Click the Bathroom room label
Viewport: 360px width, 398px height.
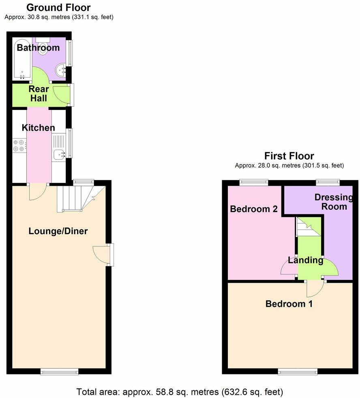pyautogui.click(x=38, y=48)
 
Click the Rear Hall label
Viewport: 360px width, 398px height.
pyautogui.click(x=39, y=94)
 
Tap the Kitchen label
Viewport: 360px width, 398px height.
pyautogui.click(x=38, y=128)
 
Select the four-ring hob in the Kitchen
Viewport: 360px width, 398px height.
pyautogui.click(x=19, y=146)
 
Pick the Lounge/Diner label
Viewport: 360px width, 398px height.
pyautogui.click(x=58, y=231)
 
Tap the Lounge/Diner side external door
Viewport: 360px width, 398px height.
pyautogui.click(x=111, y=254)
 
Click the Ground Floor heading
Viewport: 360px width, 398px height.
pyautogui.click(x=59, y=7)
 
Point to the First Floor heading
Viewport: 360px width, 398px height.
pyautogui.click(x=289, y=156)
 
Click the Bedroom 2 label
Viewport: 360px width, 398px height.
pyautogui.click(x=253, y=209)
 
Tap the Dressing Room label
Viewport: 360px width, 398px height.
pyautogui.click(x=334, y=202)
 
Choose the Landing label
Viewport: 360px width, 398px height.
pyautogui.click(x=306, y=260)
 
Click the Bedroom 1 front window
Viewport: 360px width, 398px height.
pyautogui.click(x=297, y=371)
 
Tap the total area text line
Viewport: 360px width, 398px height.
pyautogui.click(x=180, y=392)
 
